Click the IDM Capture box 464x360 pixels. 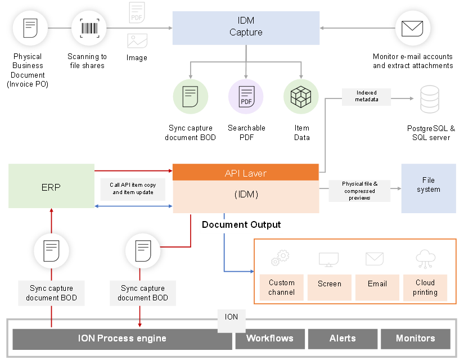246,28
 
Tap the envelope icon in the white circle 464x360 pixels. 413,28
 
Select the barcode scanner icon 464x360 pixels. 89,28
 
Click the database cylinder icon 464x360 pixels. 430,98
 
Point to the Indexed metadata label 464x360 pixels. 366,96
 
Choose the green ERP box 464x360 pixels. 51,186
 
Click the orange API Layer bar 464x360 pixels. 246,173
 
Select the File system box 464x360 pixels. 428,188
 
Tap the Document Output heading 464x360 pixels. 241,225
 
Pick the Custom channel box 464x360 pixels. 281,287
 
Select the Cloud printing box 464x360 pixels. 425,287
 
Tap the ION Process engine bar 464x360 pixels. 122,339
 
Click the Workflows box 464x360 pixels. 270,339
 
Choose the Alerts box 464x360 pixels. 343,339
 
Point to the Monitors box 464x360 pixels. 416,339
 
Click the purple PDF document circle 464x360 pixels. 246,97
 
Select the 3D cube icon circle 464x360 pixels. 301,97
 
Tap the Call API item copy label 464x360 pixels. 134,188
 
